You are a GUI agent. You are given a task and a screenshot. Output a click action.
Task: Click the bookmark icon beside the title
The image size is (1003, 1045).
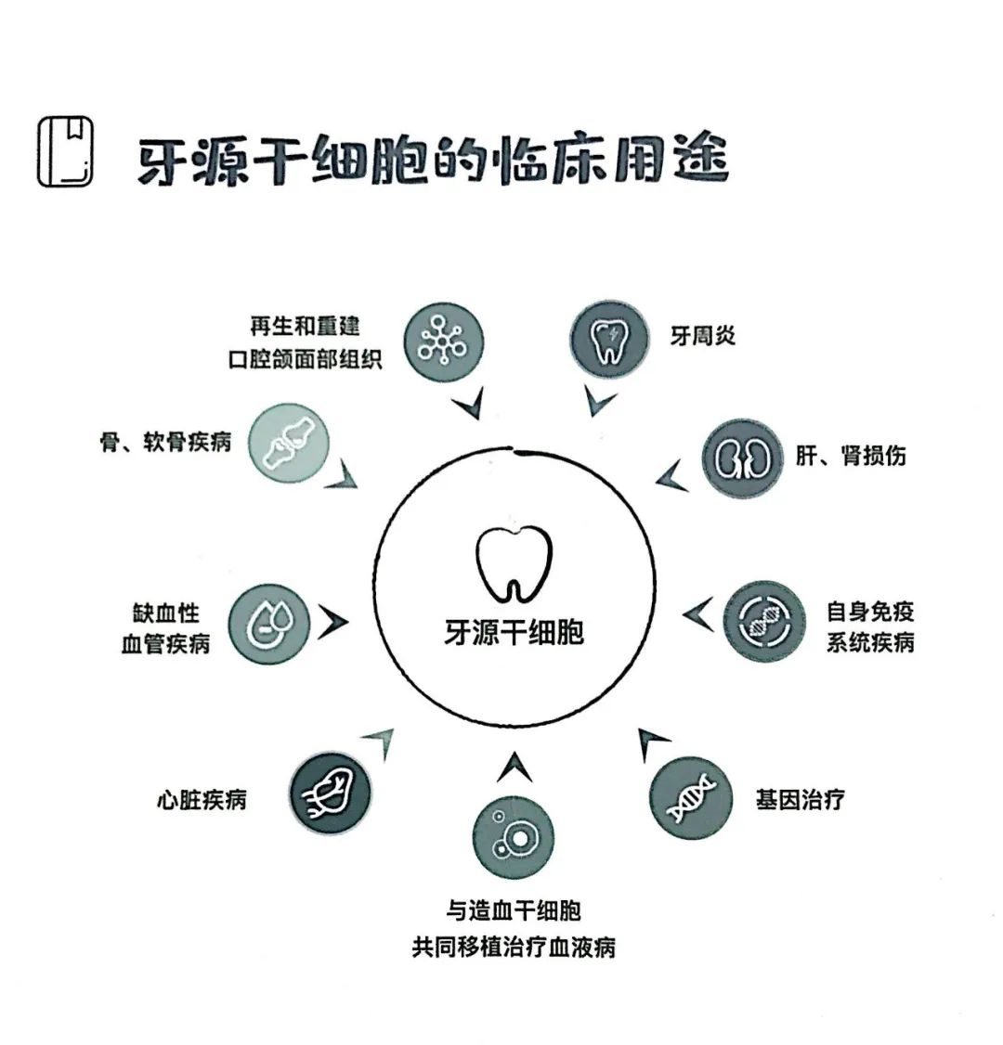pos(65,151)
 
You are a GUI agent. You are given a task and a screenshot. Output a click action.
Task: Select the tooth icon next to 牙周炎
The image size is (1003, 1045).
pos(608,341)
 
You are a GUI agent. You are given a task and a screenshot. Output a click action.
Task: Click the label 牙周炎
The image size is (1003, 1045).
pos(703,335)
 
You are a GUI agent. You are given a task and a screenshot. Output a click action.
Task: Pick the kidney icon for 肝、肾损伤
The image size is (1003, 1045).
pos(742,457)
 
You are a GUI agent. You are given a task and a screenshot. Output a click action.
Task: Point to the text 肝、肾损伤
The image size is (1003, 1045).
pos(850,456)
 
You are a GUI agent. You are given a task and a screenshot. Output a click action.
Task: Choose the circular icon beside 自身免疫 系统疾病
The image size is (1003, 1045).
pos(763,621)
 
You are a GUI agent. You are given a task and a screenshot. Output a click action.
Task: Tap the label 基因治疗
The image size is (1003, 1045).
pos(801,799)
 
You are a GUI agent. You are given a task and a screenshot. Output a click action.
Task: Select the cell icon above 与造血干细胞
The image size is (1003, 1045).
pos(513,836)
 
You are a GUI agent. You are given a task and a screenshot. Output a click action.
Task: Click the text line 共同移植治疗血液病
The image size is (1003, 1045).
pos(513,948)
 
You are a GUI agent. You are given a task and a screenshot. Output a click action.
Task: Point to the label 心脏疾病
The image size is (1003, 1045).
pos(202,799)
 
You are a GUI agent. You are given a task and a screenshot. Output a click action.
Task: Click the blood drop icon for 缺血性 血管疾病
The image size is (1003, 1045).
pos(269,624)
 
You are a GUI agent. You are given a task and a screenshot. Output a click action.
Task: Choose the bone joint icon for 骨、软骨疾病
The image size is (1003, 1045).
pos(289,444)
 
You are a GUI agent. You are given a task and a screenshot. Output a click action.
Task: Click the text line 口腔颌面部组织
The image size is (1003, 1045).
pos(305,359)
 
